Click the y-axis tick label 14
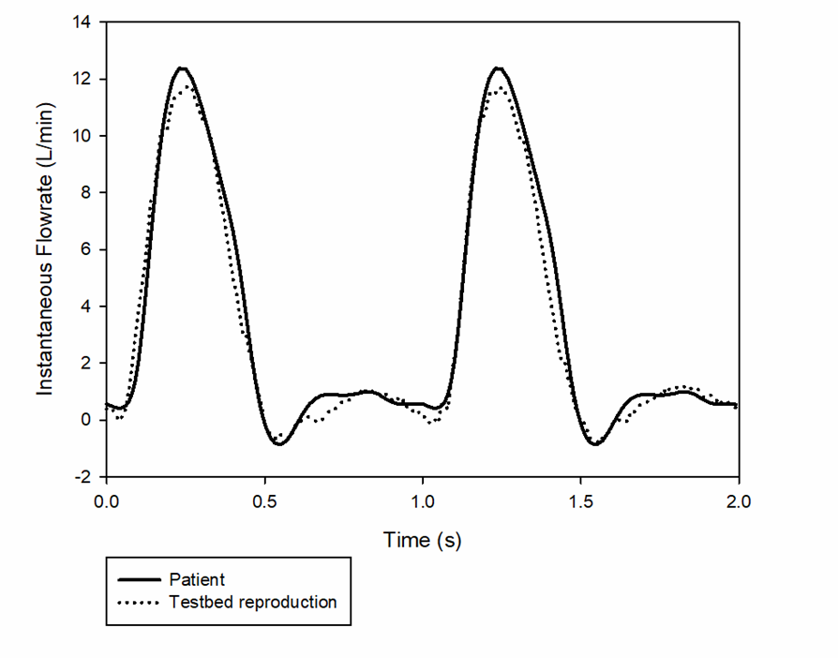[82, 22]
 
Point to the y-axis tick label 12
[82, 79]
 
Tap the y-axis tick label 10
[82, 136]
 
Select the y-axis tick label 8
[86, 193]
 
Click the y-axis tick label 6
[86, 249]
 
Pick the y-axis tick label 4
[86, 307]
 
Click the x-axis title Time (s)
[423, 540]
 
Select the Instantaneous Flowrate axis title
[46, 249]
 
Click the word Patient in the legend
[197, 579]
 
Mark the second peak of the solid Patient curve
[499, 67]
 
